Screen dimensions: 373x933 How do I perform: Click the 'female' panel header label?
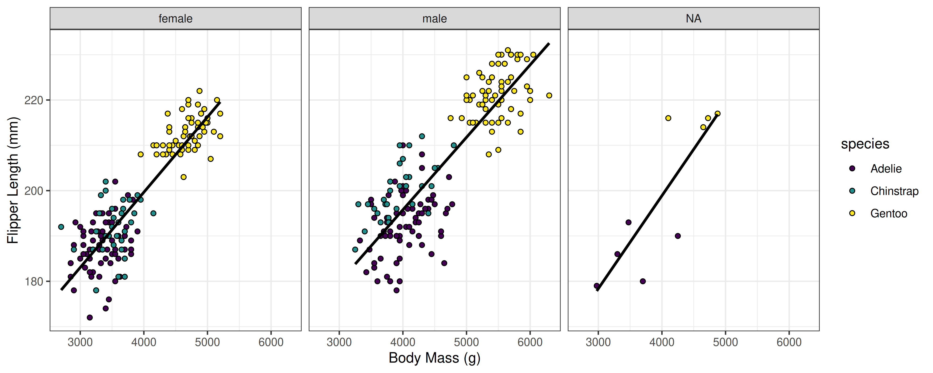point(175,18)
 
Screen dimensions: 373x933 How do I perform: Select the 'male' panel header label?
point(434,18)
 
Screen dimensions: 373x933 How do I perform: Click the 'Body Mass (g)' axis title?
point(434,358)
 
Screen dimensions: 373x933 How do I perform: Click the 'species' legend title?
point(865,144)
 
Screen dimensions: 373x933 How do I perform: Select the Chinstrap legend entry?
point(894,191)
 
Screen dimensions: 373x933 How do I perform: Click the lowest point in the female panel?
point(90,318)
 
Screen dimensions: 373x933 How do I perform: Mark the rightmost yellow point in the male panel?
point(549,96)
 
